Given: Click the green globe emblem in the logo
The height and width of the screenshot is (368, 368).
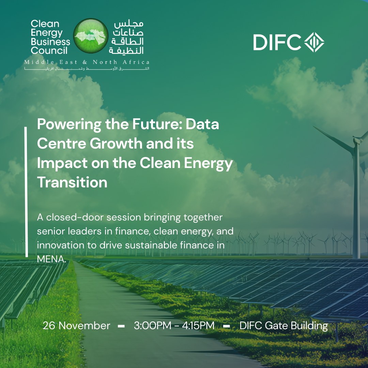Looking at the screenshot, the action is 91,36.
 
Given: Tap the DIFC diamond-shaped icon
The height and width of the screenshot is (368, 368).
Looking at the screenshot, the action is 314,42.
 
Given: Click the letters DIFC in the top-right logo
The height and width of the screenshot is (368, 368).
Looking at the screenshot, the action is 277,42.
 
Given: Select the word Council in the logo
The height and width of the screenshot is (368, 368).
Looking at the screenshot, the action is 49,50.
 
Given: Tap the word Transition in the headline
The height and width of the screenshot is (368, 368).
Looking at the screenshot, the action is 72,182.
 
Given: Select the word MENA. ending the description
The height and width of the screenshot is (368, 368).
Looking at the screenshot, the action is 51,259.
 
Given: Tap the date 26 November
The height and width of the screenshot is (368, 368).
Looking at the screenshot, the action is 76,325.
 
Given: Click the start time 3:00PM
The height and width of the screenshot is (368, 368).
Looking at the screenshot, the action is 153,325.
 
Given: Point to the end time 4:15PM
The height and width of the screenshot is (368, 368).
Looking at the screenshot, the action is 198,325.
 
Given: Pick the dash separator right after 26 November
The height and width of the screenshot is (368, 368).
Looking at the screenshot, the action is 121,326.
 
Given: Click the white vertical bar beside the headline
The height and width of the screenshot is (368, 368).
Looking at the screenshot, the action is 26,192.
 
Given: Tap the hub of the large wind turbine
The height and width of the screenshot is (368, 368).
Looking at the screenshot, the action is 356,141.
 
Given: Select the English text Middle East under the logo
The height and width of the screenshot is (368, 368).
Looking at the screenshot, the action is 51,62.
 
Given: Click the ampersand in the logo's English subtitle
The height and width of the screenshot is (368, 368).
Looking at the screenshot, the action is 85,62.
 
